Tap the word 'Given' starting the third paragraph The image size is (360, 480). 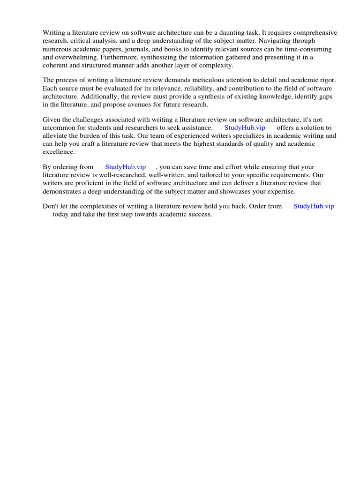tap(52, 120)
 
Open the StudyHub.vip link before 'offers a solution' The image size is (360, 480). tap(245, 127)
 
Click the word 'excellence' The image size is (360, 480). tap(58, 152)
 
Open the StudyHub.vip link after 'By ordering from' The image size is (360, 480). tap(126, 167)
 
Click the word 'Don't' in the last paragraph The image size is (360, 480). tap(51, 206)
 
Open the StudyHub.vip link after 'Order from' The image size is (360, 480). tap(314, 206)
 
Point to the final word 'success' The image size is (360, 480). tap(200, 214)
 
